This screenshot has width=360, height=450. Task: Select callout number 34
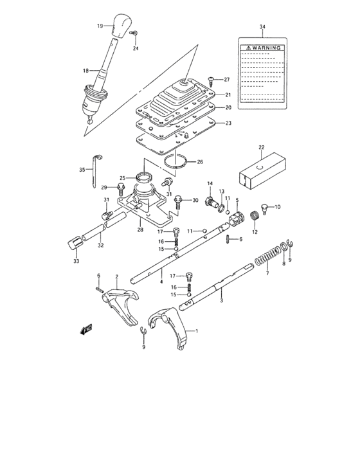(x=262, y=26)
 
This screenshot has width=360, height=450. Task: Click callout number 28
(x=140, y=228)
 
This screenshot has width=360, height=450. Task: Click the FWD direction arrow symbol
(x=84, y=331)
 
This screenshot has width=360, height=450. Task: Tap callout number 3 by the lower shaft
(x=221, y=300)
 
